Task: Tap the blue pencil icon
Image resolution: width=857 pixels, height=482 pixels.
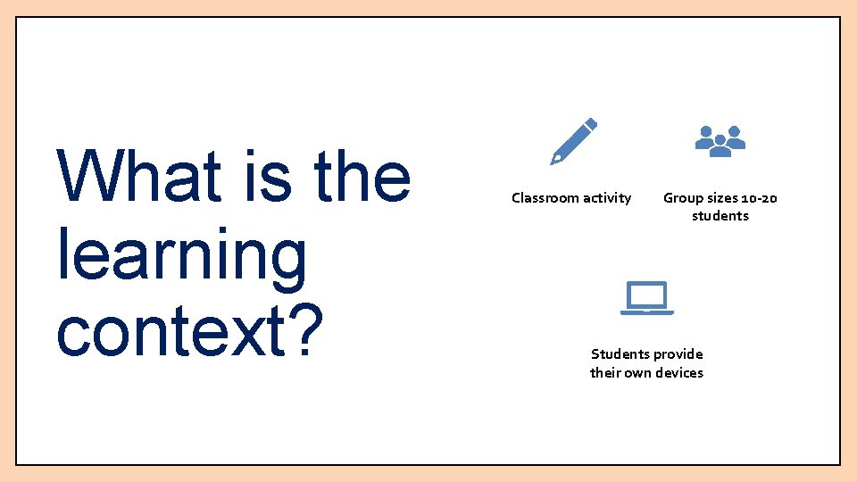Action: pos(573,141)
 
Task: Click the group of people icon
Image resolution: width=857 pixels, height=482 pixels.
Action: pos(720,141)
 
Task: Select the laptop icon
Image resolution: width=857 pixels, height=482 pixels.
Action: pos(646,298)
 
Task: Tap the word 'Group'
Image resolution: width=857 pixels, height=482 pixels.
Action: pos(682,198)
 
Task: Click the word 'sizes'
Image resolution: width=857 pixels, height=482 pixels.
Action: pos(721,198)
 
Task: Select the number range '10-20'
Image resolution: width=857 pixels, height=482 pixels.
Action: pos(759,198)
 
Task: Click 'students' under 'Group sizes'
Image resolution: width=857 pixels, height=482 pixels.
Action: pos(720,216)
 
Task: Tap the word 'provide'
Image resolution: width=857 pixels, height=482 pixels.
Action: pos(677,354)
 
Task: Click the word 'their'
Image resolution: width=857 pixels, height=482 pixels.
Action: pos(604,373)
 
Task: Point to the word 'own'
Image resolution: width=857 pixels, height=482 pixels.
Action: pos(637,373)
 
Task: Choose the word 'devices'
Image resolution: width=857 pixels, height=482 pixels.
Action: pos(678,373)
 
